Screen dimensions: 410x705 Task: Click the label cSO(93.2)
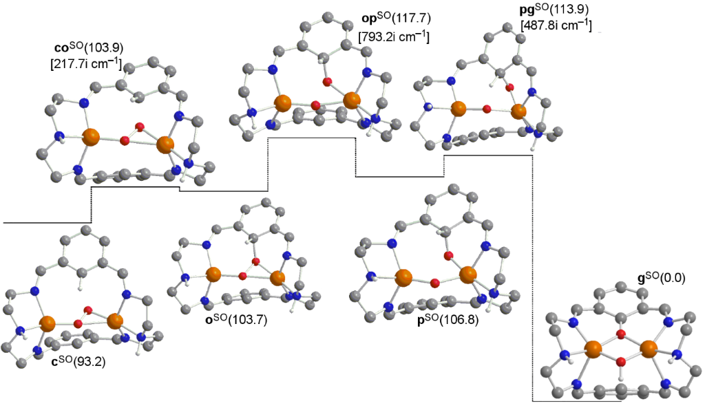click(x=79, y=361)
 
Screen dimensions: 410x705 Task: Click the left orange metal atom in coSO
click(x=91, y=137)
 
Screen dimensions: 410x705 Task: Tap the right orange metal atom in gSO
click(x=648, y=349)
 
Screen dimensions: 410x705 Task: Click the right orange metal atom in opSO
click(x=351, y=100)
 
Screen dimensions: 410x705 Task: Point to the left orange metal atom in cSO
click(x=48, y=322)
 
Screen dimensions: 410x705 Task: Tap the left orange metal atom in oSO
click(x=211, y=274)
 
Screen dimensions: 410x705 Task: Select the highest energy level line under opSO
click(x=311, y=138)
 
